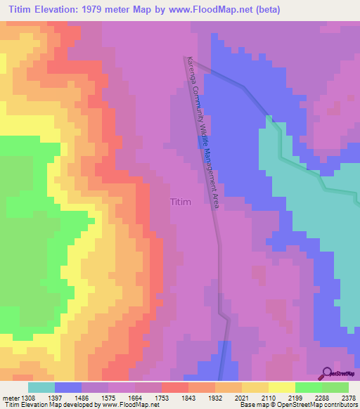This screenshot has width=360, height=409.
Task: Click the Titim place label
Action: [181, 202]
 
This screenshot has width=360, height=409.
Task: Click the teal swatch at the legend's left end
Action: [41, 387]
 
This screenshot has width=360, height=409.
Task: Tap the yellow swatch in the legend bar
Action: [281, 387]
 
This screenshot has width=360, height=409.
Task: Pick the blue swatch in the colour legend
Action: [67, 387]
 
